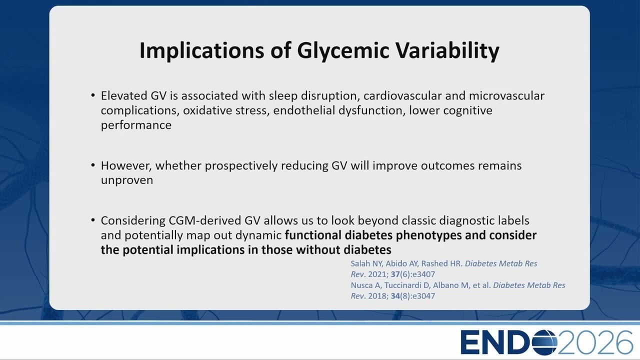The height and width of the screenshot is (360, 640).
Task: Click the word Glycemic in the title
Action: tap(343, 51)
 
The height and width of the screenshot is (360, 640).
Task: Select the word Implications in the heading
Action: tap(201, 51)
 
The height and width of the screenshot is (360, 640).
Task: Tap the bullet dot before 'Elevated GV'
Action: tap(93, 95)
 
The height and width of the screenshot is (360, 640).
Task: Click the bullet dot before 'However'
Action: tap(93, 165)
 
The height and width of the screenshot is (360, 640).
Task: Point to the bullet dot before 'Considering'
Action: tap(93, 220)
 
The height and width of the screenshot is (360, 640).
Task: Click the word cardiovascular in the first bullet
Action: tap(402, 95)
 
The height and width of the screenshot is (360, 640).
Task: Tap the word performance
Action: tap(136, 125)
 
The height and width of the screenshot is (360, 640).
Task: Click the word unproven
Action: tap(127, 180)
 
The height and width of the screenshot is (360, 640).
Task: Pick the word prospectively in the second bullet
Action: tap(241, 166)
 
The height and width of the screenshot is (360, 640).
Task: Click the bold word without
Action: tap(318, 249)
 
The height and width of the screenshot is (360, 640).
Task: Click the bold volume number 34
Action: tap(395, 296)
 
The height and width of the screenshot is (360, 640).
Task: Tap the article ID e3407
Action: tap(423, 274)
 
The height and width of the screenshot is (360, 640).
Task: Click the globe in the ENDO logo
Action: tap(544, 342)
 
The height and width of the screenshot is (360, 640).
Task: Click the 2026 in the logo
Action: tap(595, 342)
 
